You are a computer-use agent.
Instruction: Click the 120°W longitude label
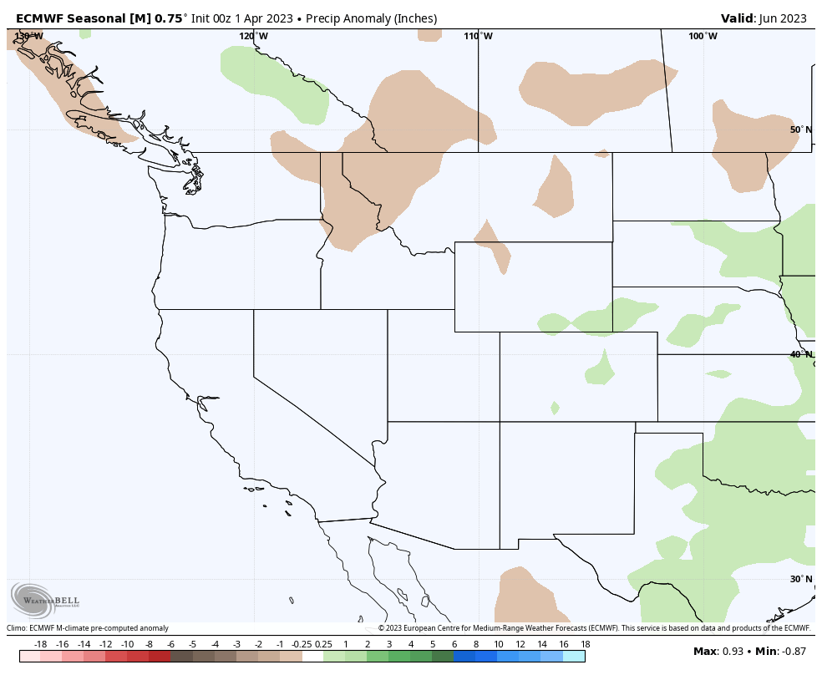pyautogui.click(x=253, y=36)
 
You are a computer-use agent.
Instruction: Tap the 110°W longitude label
pyautogui.click(x=478, y=36)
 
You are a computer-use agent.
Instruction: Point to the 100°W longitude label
pyautogui.click(x=703, y=36)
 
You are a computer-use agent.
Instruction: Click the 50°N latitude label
pyautogui.click(x=800, y=129)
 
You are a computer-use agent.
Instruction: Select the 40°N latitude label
pyautogui.click(x=800, y=354)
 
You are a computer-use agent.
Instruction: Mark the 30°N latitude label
pyautogui.click(x=800, y=579)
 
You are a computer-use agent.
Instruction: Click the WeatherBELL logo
pyautogui.click(x=46, y=599)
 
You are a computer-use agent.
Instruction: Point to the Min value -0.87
pyautogui.click(x=794, y=651)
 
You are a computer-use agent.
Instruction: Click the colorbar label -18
pyautogui.click(x=40, y=644)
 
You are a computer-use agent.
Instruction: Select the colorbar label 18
pyautogui.click(x=585, y=644)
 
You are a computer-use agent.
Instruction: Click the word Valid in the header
pyautogui.click(x=738, y=18)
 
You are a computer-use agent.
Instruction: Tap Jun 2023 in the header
pyautogui.click(x=784, y=18)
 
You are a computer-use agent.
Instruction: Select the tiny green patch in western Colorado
pyautogui.click(x=555, y=408)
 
